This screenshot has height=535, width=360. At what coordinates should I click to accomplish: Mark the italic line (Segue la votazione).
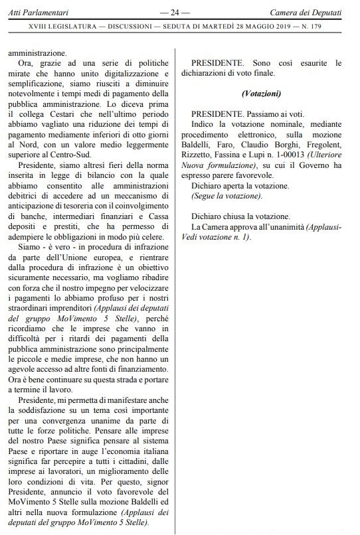point(226,197)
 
